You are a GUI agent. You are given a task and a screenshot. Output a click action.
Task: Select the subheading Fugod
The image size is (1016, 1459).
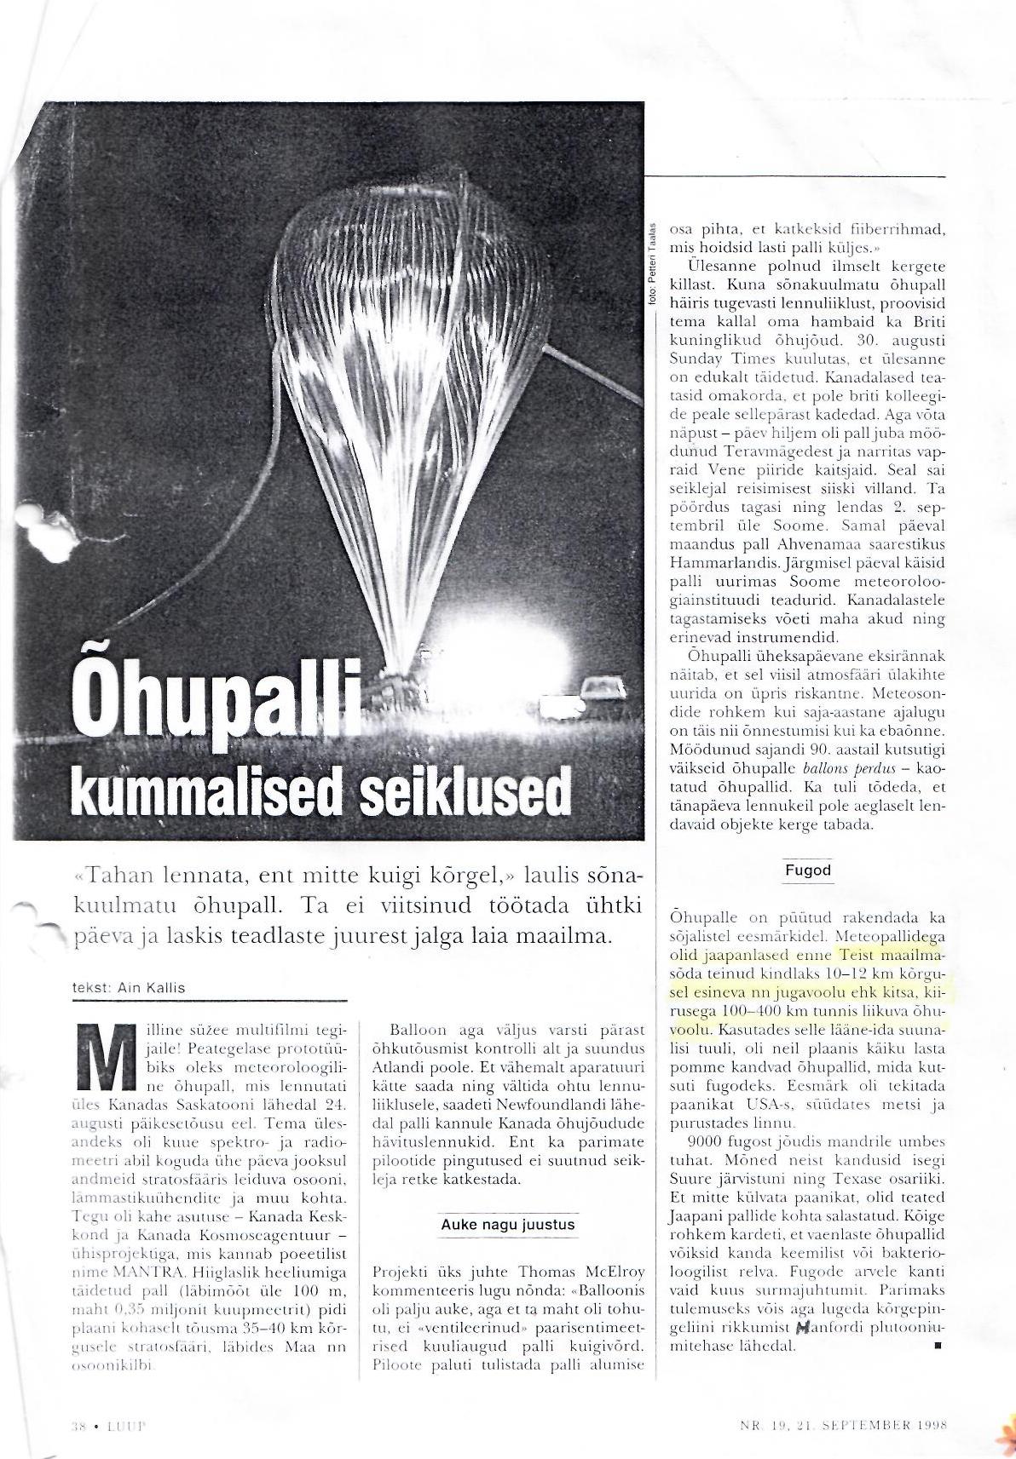click(808, 870)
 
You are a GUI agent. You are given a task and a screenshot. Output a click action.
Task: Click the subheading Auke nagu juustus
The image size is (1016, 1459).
click(508, 1225)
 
